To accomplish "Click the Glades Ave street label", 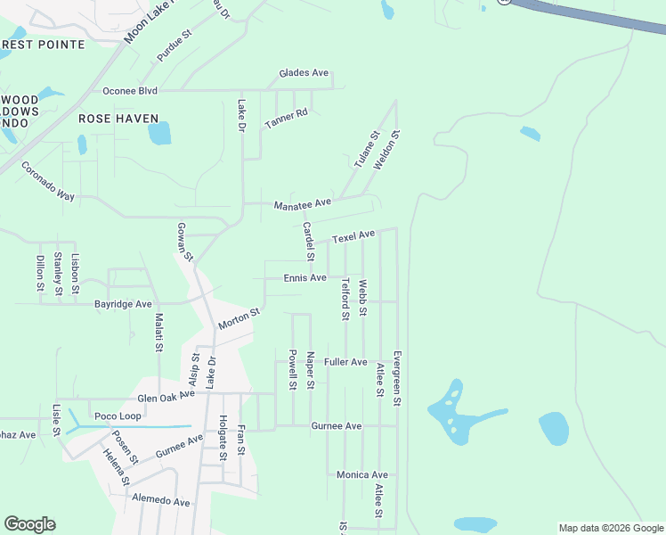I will (x=304, y=73).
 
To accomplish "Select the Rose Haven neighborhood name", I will (x=118, y=118).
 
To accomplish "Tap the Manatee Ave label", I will (x=302, y=204).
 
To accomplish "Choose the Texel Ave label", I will (x=353, y=237).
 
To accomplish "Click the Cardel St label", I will (x=308, y=242).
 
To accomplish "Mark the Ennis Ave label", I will (x=305, y=278).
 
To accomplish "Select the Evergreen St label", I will (x=397, y=378).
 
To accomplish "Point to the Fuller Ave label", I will (x=345, y=362).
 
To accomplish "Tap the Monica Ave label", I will (x=362, y=475).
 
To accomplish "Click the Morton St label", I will (x=239, y=319).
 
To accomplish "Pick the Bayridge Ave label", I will (x=123, y=304).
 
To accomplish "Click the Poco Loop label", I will (x=118, y=416).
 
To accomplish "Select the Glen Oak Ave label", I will (x=166, y=396).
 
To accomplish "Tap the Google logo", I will (x=30, y=524).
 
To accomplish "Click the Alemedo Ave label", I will (x=161, y=502).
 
